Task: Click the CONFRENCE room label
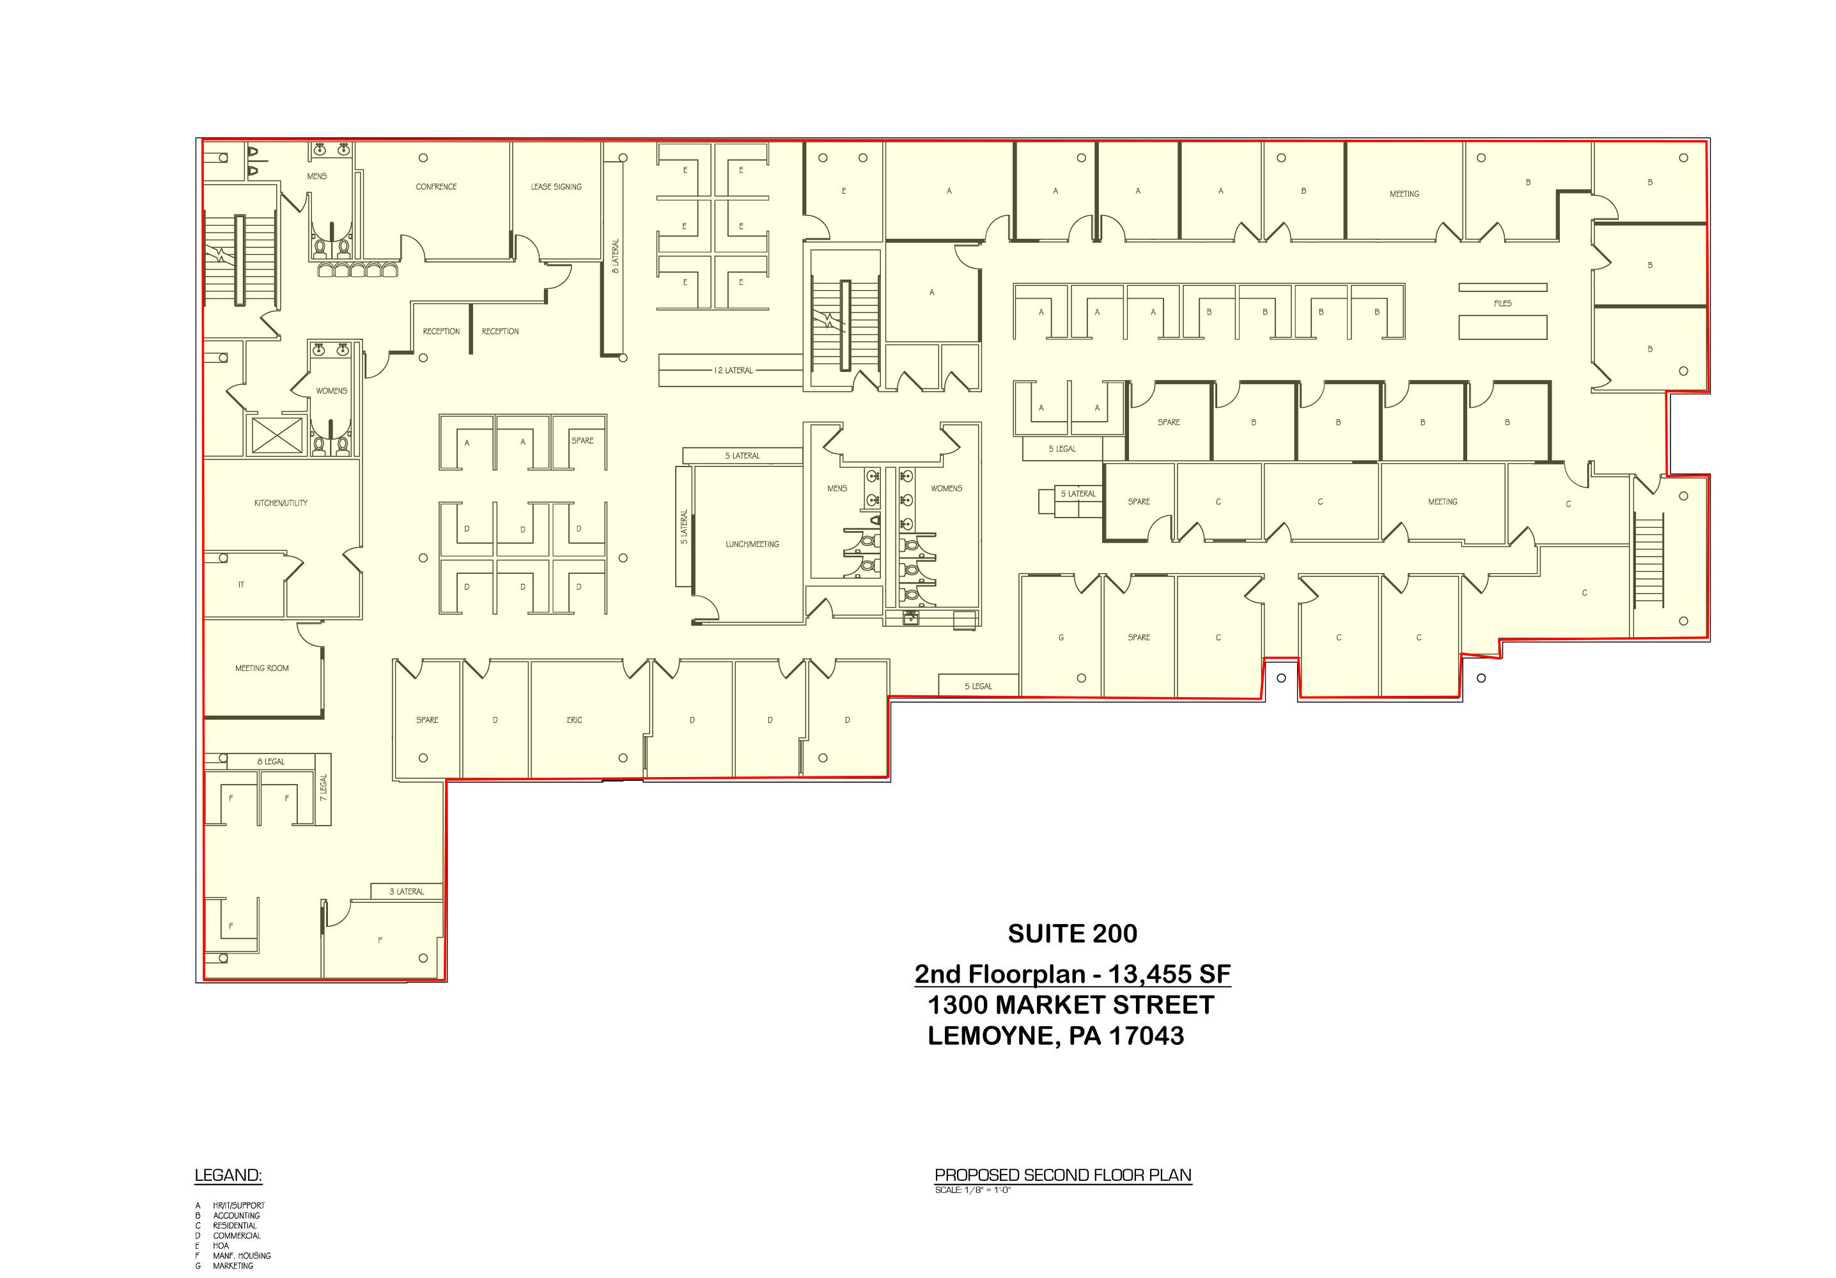[436, 187]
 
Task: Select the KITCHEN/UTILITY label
[281, 503]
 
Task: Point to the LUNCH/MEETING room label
[752, 544]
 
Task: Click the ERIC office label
[574, 720]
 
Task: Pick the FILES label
[1502, 304]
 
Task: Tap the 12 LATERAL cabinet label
[733, 371]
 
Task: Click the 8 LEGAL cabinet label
[270, 762]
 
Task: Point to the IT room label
[242, 585]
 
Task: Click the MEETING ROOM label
[261, 668]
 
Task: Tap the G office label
[1061, 638]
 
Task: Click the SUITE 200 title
[1072, 934]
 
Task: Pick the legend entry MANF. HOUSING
[242, 1256]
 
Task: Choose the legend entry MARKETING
[233, 1266]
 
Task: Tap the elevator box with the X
[277, 436]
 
